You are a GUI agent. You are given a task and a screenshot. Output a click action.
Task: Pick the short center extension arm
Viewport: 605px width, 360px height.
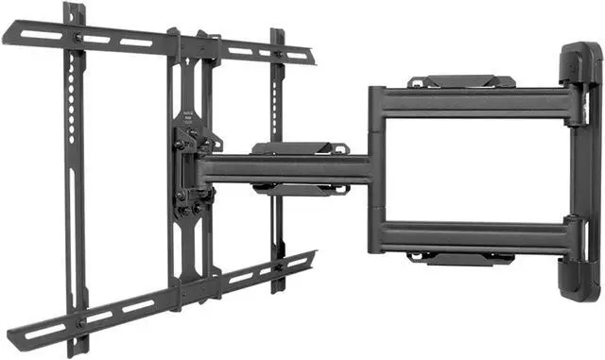click(284, 168)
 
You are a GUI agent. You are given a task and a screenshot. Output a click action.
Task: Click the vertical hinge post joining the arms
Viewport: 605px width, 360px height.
click(376, 170)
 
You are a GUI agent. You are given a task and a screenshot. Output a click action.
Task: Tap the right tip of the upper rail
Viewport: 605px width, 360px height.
click(309, 59)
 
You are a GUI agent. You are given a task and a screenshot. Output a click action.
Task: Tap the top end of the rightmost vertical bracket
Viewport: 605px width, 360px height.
click(278, 35)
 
